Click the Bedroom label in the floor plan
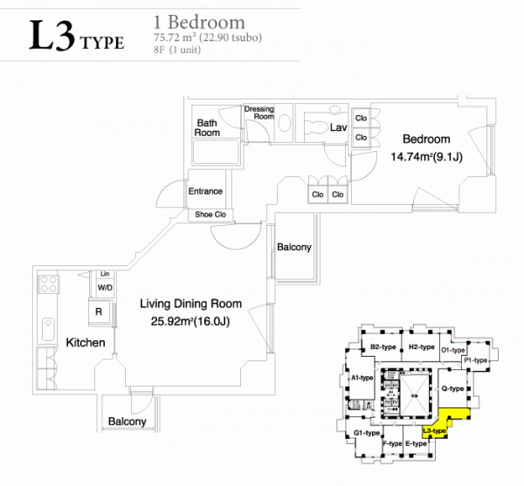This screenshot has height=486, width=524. [426, 139]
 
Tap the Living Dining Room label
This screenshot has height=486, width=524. [190, 304]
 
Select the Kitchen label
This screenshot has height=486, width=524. [86, 343]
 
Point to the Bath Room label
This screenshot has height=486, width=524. [207, 128]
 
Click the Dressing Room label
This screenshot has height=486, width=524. [259, 113]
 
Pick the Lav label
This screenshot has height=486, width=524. [338, 127]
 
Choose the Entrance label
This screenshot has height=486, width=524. [205, 191]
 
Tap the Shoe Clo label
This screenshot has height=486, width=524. [210, 215]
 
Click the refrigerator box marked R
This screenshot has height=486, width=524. [99, 311]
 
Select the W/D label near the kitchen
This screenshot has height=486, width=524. [105, 287]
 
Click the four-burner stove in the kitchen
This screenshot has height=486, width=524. [48, 284]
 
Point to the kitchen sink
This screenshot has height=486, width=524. [48, 329]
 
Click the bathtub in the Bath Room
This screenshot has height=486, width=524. [217, 152]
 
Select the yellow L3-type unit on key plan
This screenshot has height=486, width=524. [445, 421]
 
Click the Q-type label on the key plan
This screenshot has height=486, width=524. [452, 388]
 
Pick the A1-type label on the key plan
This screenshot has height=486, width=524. [362, 378]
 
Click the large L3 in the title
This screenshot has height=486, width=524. [52, 35]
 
